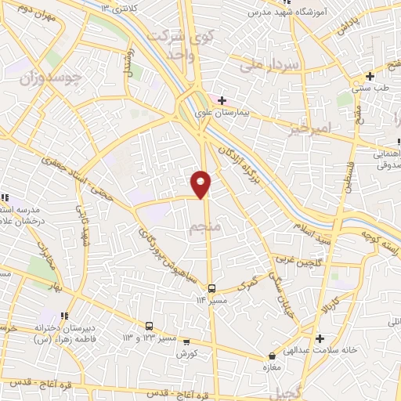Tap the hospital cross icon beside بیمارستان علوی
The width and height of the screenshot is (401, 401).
(222, 100)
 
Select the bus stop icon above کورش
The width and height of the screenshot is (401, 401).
(186, 341)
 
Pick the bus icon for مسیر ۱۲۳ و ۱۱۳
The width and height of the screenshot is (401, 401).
(149, 326)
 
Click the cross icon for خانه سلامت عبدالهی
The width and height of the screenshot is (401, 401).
(320, 338)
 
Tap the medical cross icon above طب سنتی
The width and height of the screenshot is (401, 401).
(369, 76)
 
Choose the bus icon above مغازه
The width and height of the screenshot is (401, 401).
(273, 356)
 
